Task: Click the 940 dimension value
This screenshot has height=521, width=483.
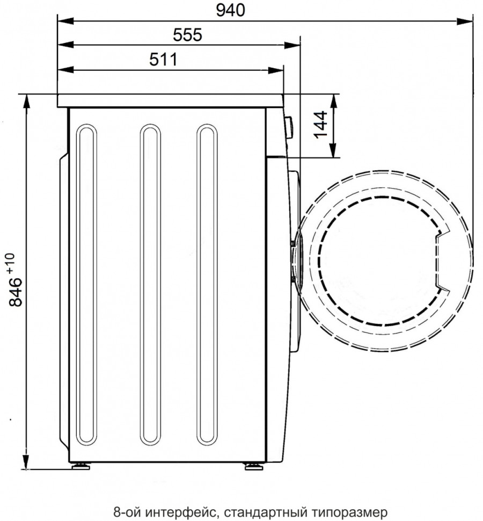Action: pyautogui.click(x=230, y=10)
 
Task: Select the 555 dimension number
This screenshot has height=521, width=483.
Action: pyautogui.click(x=187, y=35)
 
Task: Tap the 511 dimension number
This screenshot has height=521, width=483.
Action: pyautogui.click(x=163, y=60)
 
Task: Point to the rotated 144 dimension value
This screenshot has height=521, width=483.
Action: pyautogui.click(x=321, y=125)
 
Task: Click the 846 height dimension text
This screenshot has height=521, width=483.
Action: pyautogui.click(x=16, y=292)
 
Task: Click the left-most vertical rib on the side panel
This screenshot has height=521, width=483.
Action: pyautogui.click(x=86, y=335)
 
